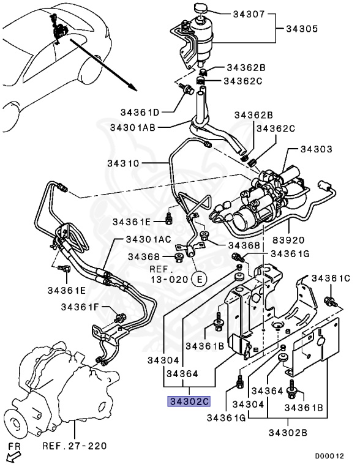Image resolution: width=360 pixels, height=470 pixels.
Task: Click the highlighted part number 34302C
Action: click(x=189, y=401)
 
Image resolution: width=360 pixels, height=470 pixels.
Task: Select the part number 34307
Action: click(x=249, y=14)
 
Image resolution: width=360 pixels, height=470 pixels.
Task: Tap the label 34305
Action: click(x=302, y=29)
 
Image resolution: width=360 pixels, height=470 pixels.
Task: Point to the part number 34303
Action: click(x=317, y=149)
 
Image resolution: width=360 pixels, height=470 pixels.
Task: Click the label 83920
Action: click(x=288, y=240)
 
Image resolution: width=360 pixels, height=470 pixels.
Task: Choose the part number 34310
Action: click(x=123, y=163)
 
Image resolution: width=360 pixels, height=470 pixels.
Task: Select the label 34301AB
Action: click(x=133, y=127)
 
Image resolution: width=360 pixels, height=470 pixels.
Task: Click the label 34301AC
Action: click(x=149, y=239)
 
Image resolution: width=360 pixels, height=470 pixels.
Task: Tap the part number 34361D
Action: click(x=140, y=113)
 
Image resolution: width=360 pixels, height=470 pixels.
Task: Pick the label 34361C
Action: click(x=331, y=278)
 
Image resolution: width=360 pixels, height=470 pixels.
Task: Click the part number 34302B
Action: click(x=288, y=433)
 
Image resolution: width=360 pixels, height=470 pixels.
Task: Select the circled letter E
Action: click(x=200, y=279)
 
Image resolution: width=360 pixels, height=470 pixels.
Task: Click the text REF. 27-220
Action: click(x=75, y=446)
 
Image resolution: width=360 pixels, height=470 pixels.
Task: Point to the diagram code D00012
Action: click(x=329, y=456)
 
